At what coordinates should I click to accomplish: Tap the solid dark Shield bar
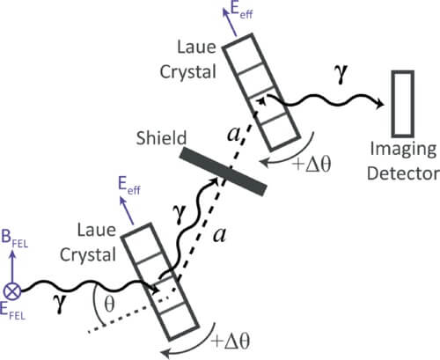coord(224,171)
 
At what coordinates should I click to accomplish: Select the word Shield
coord(161,137)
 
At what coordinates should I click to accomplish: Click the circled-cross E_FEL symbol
coord(12,291)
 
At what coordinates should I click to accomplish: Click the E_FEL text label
coord(13,312)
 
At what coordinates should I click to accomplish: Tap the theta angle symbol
coord(109,305)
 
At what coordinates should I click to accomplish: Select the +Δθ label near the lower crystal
coord(232,342)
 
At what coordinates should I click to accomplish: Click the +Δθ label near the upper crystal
coord(312,164)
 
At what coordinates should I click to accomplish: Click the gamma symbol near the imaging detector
coord(341,74)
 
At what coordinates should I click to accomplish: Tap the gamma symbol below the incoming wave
coord(60,303)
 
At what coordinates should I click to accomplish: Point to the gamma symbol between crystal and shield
coord(180,214)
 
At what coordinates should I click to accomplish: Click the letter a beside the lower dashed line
coord(220,235)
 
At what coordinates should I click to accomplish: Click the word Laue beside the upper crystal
coord(196,47)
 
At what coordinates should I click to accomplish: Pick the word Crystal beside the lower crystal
coord(88,254)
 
